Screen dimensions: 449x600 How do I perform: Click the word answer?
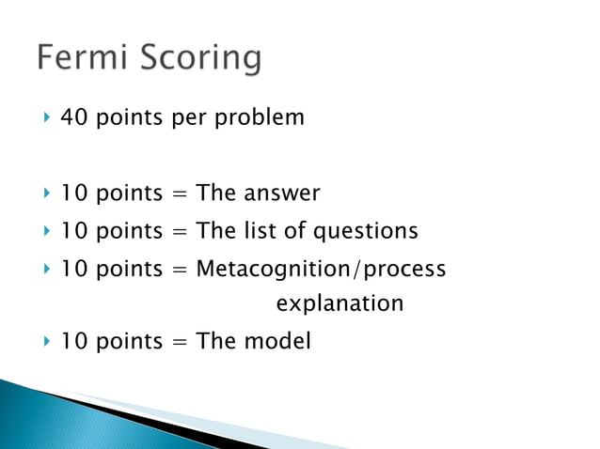[x=282, y=194]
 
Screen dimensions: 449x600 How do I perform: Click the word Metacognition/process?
[x=321, y=270]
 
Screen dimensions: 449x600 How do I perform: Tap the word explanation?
[x=339, y=304]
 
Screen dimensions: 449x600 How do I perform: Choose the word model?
[x=277, y=341]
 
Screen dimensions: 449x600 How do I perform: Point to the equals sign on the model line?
[x=179, y=342]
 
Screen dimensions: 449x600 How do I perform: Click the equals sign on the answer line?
[x=179, y=194]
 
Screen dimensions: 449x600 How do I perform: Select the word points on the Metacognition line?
[x=127, y=270]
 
